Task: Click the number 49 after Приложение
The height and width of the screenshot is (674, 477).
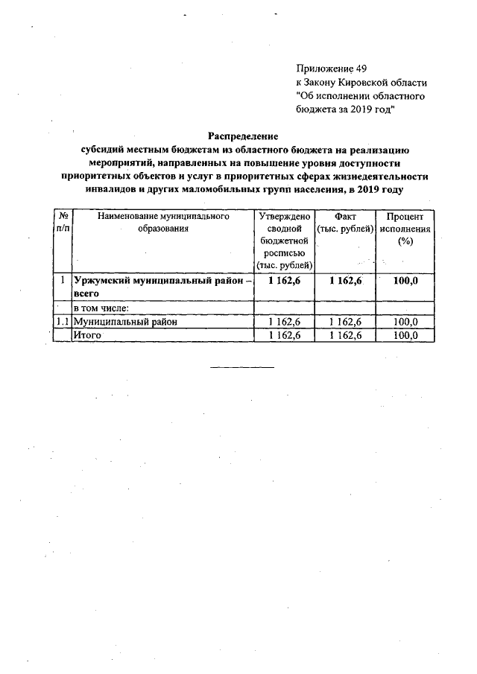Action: tap(360, 68)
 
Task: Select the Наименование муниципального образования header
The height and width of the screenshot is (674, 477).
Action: tap(162, 223)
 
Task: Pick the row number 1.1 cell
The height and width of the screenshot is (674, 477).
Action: tap(63, 322)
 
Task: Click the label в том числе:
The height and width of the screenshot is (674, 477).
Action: tap(101, 308)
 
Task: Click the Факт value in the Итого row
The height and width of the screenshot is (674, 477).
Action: tap(345, 335)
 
